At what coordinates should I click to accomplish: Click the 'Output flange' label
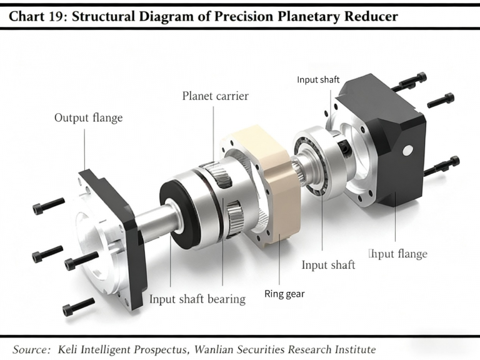[x=88, y=117]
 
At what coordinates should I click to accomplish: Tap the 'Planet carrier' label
[x=215, y=96]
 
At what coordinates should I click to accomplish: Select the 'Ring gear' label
[x=284, y=294]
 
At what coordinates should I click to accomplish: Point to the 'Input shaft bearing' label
[x=197, y=299]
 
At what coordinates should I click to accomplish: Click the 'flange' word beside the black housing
[x=410, y=254]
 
